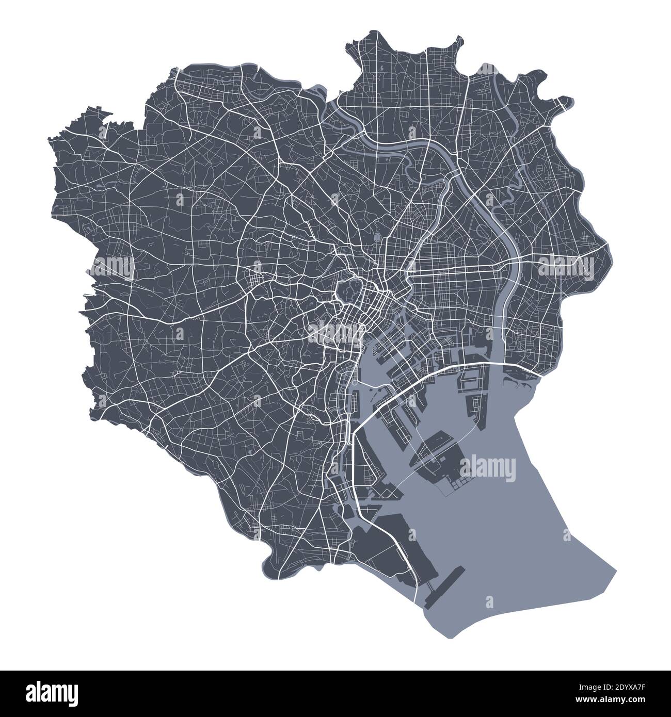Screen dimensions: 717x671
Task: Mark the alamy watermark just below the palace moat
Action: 336,332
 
